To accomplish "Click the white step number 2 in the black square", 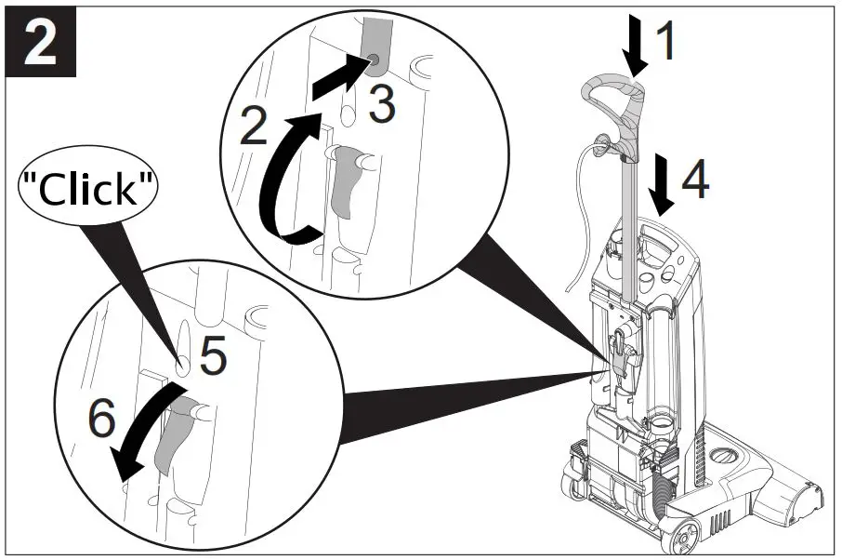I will (39, 44).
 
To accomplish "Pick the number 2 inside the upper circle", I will (254, 127).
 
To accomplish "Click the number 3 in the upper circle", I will (380, 105).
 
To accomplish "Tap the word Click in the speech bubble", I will (88, 190).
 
